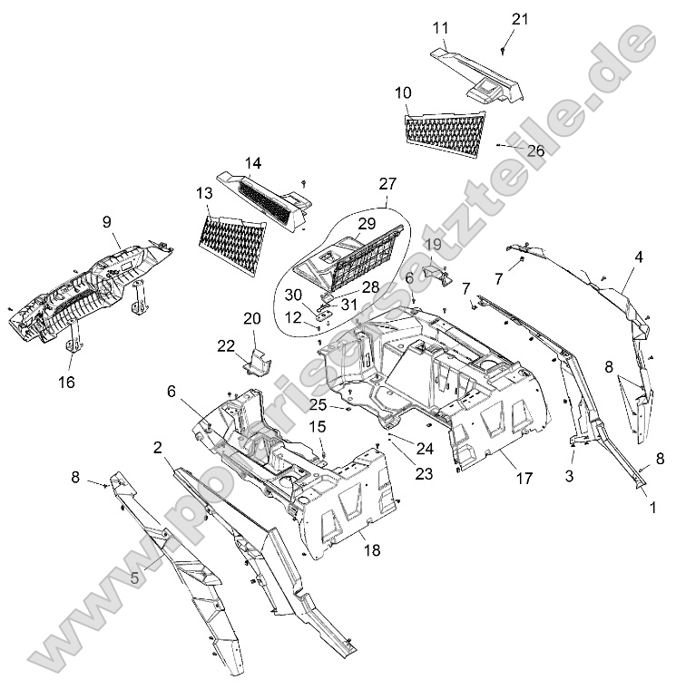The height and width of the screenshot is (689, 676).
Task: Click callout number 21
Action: click(519, 19)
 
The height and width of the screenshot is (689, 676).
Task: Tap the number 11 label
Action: click(440, 29)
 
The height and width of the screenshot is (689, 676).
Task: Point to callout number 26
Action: click(535, 150)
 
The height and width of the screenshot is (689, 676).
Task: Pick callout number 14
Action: click(252, 163)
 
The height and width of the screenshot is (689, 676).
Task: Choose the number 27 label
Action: click(387, 183)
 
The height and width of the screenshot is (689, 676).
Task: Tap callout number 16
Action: click(67, 383)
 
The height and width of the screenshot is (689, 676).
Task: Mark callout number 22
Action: click(226, 344)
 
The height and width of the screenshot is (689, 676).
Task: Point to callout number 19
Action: click(433, 245)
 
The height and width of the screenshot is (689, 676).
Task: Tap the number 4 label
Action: click(639, 257)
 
